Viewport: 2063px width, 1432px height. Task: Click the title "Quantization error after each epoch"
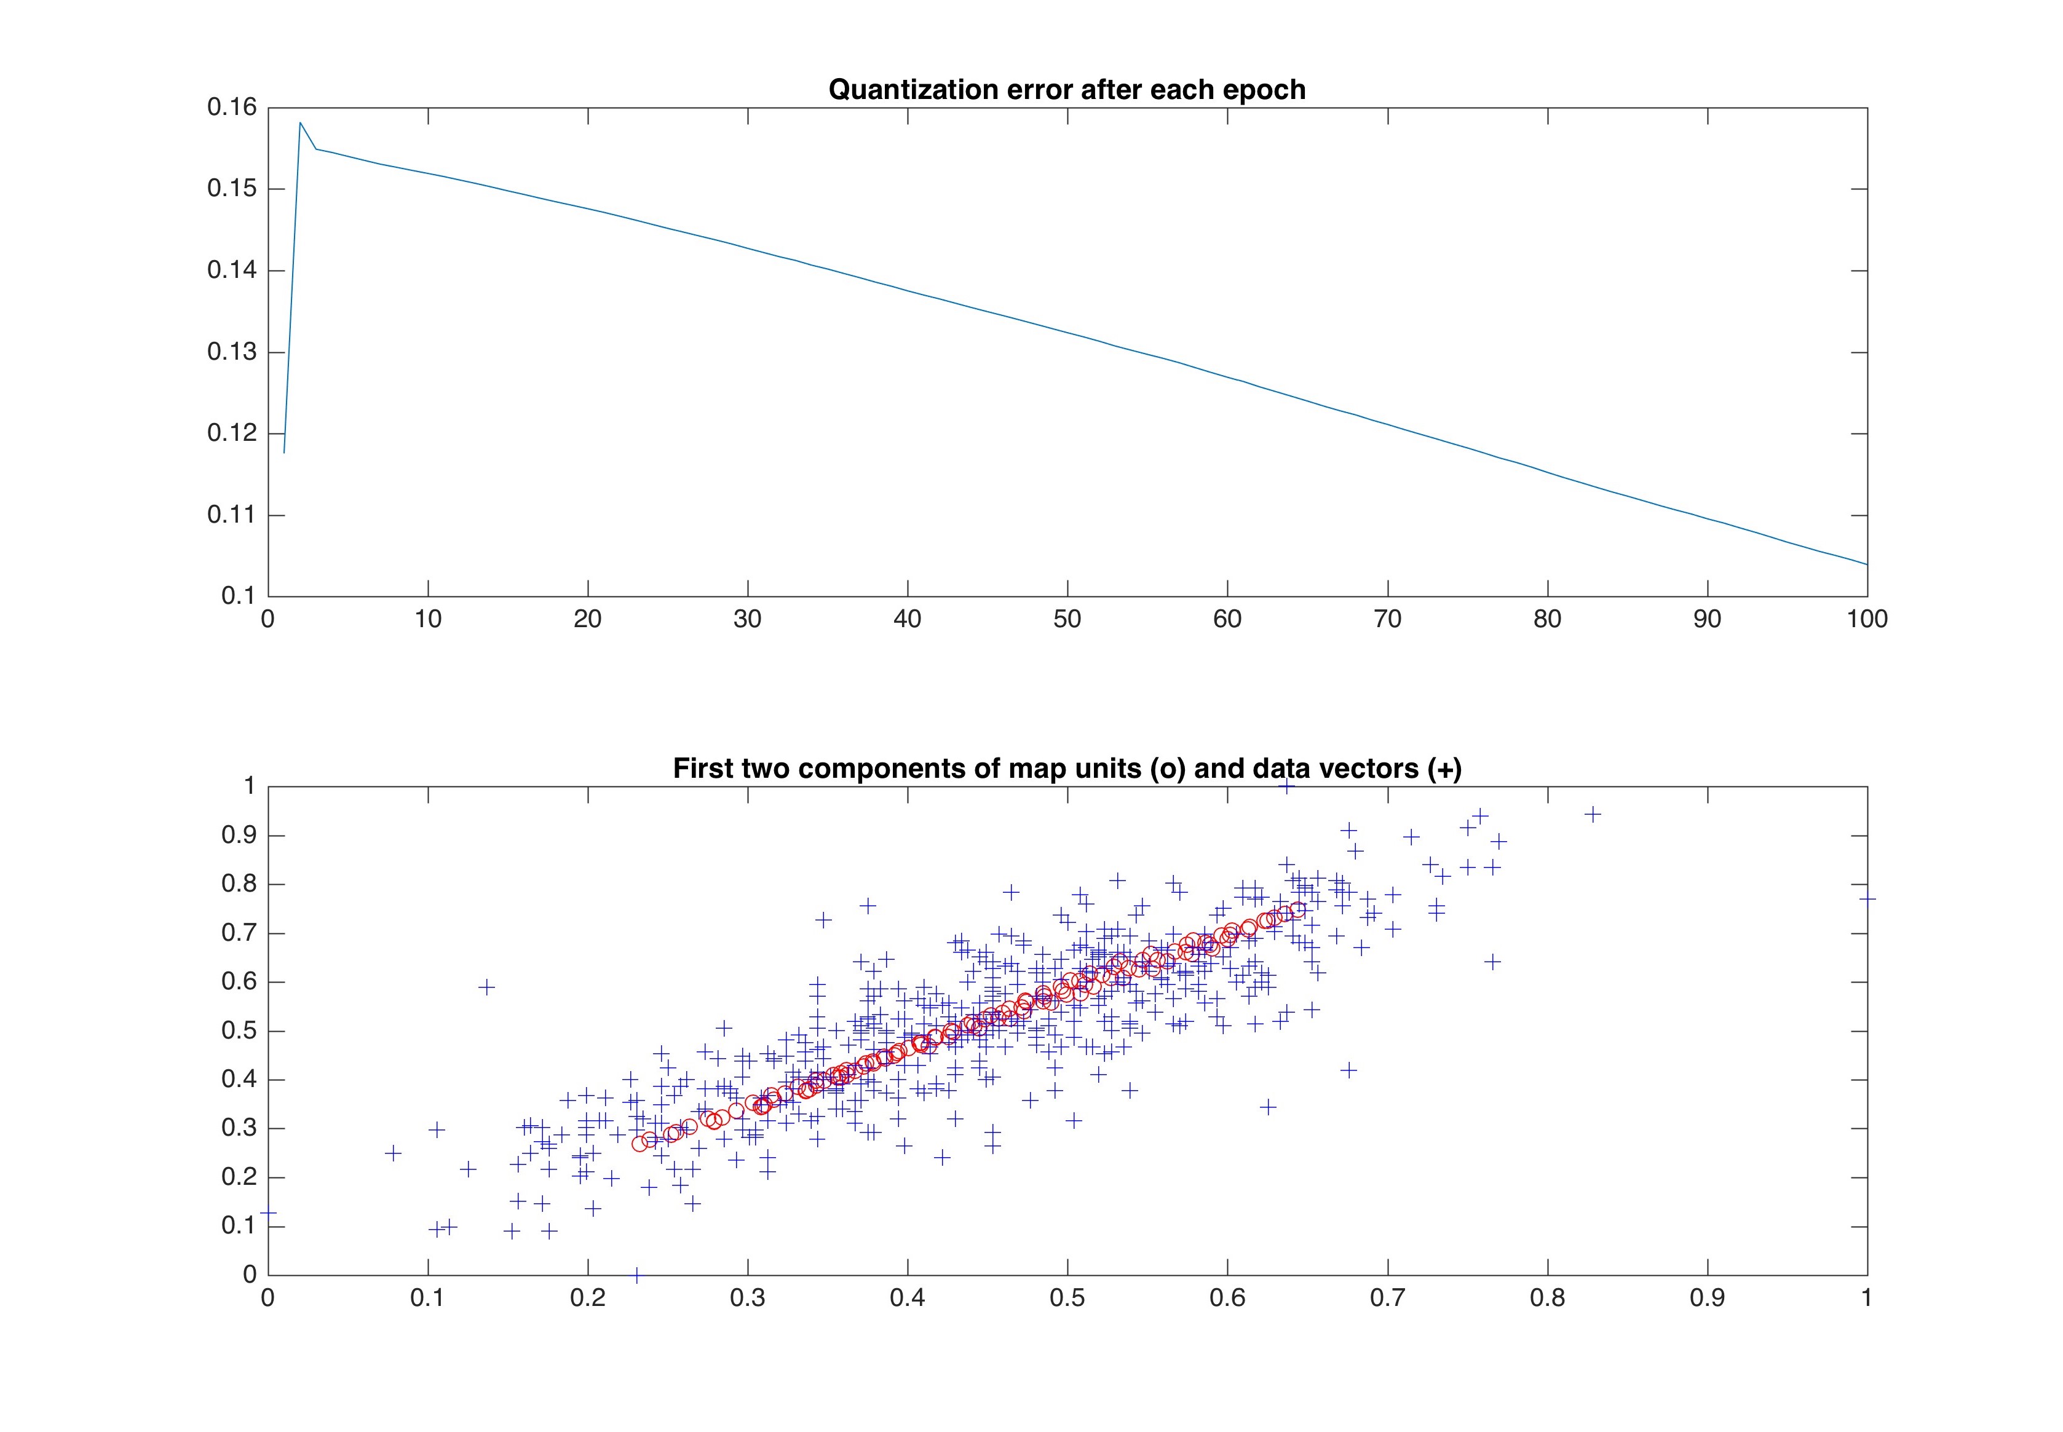tap(1066, 90)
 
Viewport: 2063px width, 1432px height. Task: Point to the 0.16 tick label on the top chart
tap(232, 108)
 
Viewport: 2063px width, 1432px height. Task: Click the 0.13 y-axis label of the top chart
tap(232, 352)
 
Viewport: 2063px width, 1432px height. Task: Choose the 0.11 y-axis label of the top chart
tap(232, 515)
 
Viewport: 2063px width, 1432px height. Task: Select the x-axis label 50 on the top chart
tap(1067, 619)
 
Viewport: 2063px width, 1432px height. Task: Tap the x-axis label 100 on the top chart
tap(1866, 619)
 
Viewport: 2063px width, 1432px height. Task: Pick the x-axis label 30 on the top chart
tap(748, 619)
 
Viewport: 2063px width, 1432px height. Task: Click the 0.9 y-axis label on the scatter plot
tap(239, 836)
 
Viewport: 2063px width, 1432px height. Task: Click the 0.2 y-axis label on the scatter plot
tap(239, 1177)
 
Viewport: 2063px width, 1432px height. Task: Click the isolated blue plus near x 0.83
tap(1593, 814)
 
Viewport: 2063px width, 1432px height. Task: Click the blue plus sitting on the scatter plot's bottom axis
tap(637, 1274)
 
